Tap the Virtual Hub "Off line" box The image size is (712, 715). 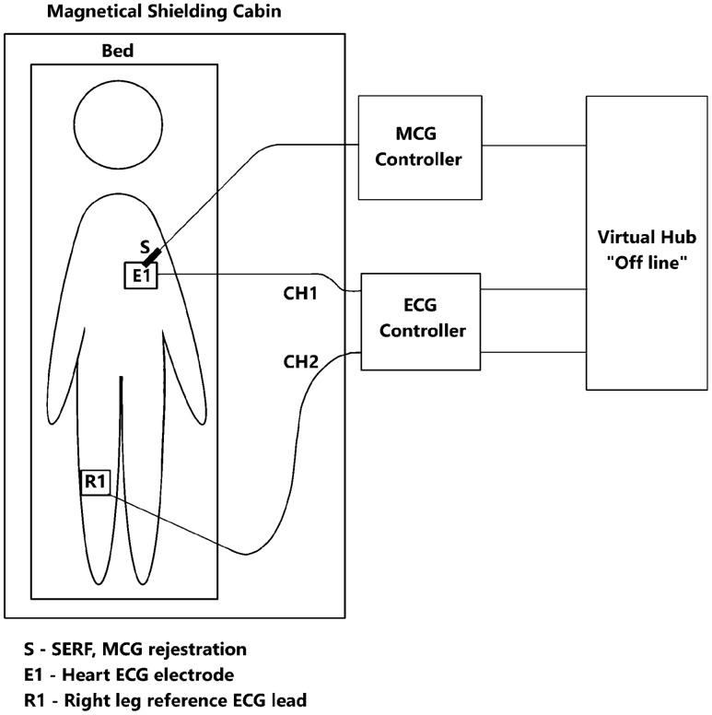pos(648,242)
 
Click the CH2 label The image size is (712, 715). pos(300,362)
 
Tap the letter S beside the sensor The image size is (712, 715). pos(144,247)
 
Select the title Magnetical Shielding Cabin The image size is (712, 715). pos(153,12)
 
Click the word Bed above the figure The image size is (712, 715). pos(117,52)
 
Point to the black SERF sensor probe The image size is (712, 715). pos(155,253)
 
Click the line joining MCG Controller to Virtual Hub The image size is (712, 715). pos(533,146)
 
